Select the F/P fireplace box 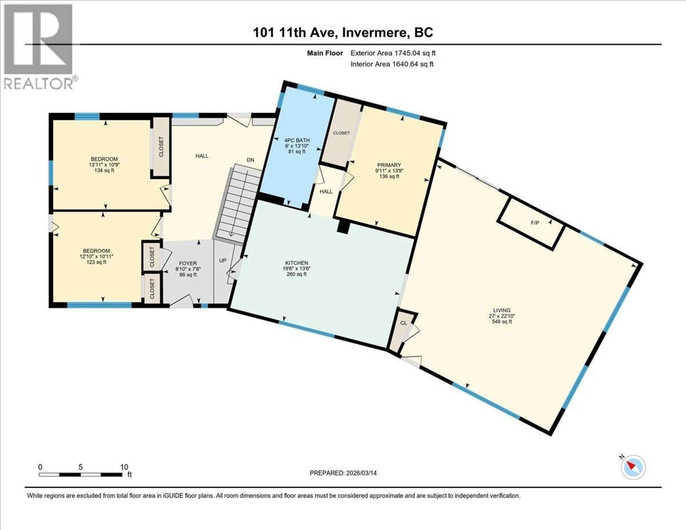click(535, 223)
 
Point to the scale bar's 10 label click(124, 467)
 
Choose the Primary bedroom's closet click(341, 133)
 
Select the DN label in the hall click(250, 160)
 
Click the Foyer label click(188, 263)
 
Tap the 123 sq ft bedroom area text click(96, 262)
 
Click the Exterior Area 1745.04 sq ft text click(393, 53)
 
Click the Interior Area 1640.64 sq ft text click(392, 64)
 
